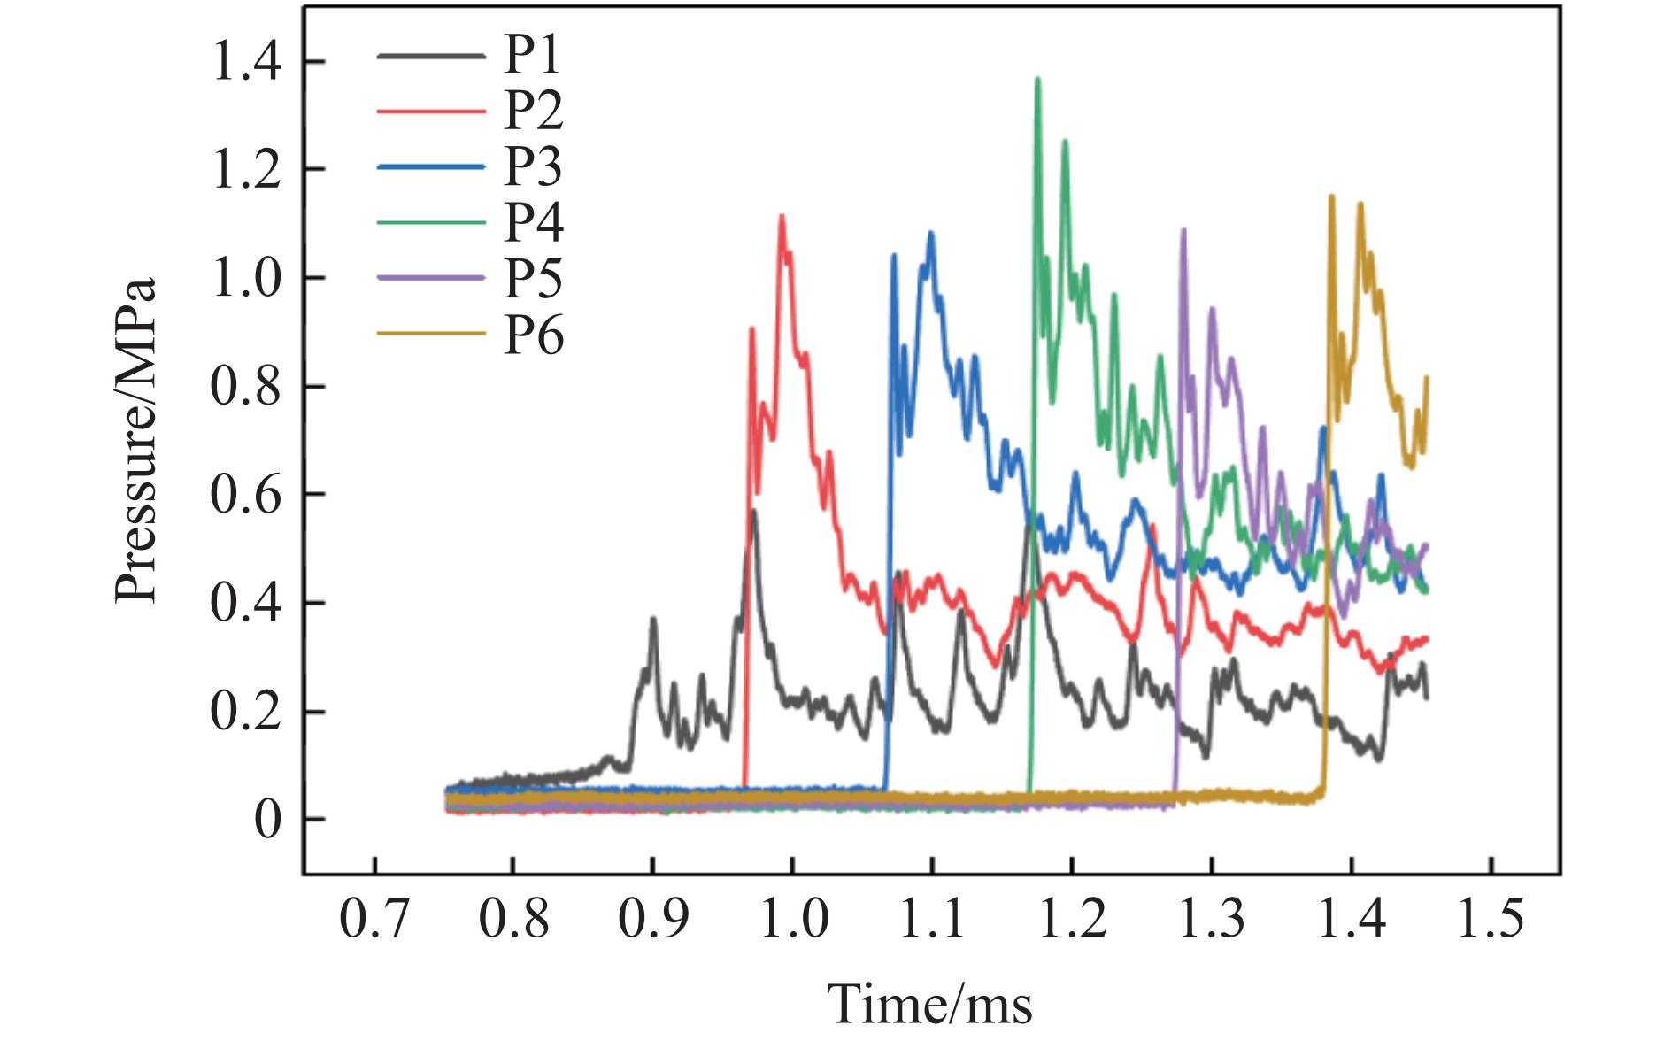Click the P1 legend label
(533, 56)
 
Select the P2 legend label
(533, 112)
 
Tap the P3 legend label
(533, 167)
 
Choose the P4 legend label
(533, 223)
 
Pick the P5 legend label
(533, 279)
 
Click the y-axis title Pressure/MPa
(135, 440)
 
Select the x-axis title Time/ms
(929, 1002)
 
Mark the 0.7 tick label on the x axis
(374, 921)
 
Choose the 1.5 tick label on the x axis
(1491, 921)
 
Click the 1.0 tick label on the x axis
(793, 921)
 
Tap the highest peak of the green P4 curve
(1037, 79)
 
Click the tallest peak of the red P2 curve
(782, 216)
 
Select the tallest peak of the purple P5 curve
(1183, 230)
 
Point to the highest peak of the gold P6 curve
(1331, 197)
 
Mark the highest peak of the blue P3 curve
(930, 233)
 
